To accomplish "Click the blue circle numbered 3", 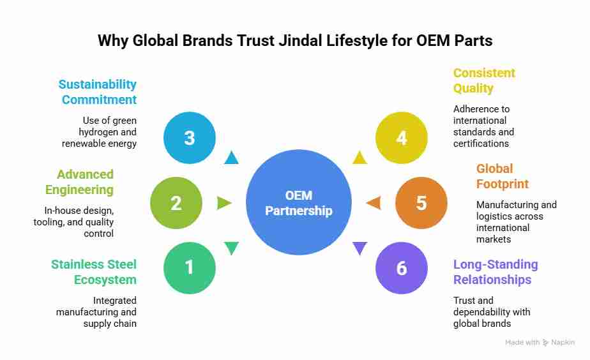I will point(190,137).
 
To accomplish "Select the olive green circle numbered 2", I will point(176,203).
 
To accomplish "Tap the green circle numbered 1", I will point(190,267).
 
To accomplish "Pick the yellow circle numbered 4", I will point(401,137).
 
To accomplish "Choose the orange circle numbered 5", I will point(421,203).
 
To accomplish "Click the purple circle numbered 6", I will point(401,267).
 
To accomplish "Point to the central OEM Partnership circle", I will point(299,203).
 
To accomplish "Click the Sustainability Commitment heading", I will point(98,92).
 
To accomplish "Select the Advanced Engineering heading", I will point(79,182).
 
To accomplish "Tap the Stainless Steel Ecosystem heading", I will point(94,272).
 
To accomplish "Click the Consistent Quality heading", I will point(484,80).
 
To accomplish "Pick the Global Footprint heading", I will point(503,176).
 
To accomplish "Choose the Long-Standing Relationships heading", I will point(495,272).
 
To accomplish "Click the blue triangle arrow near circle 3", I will point(231,158).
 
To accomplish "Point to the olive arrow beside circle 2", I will point(224,203).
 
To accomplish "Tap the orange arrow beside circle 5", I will point(374,203).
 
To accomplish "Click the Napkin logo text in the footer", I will point(562,343).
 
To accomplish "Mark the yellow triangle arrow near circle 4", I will point(360,158).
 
